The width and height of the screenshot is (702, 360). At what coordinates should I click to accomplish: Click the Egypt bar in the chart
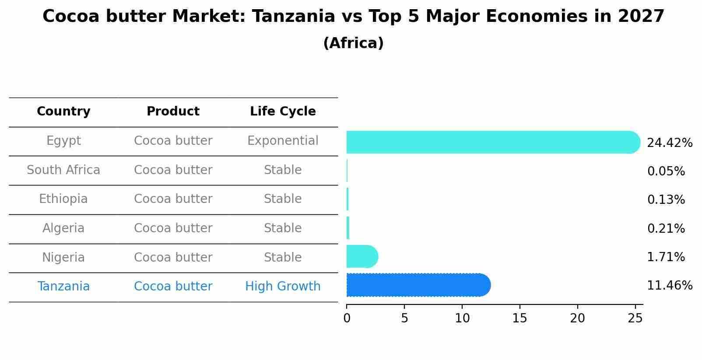coord(493,142)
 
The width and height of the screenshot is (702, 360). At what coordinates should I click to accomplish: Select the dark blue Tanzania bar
coord(419,285)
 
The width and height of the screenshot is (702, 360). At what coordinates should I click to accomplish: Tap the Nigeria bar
coord(362,256)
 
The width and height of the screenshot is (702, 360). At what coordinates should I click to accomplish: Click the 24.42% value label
coord(670,143)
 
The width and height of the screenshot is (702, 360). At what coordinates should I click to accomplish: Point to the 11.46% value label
coord(670,286)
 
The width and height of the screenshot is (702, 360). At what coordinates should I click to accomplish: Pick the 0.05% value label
coord(666,171)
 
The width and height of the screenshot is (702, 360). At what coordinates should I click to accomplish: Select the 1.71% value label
coord(666,257)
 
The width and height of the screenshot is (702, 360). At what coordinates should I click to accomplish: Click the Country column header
coord(63,112)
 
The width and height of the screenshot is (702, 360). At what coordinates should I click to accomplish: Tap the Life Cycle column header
coord(283,111)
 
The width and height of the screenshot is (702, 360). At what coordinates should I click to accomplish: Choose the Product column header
coord(173,111)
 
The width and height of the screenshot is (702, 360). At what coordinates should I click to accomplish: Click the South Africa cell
coord(63,170)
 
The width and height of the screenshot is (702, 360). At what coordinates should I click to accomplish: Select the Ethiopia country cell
coord(63,199)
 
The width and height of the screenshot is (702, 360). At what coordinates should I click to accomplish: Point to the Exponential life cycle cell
coord(283,141)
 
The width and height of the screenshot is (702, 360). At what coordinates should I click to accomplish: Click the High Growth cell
coord(283,287)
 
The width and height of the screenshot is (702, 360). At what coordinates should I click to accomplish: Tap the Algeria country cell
coord(63,228)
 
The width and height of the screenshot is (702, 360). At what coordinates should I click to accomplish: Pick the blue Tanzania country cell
coord(63,287)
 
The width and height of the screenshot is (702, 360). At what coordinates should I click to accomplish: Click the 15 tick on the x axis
coord(519,318)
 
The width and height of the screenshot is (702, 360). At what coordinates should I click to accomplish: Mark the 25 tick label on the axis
coord(635,318)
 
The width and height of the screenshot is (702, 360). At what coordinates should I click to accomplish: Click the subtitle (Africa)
coord(354,43)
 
